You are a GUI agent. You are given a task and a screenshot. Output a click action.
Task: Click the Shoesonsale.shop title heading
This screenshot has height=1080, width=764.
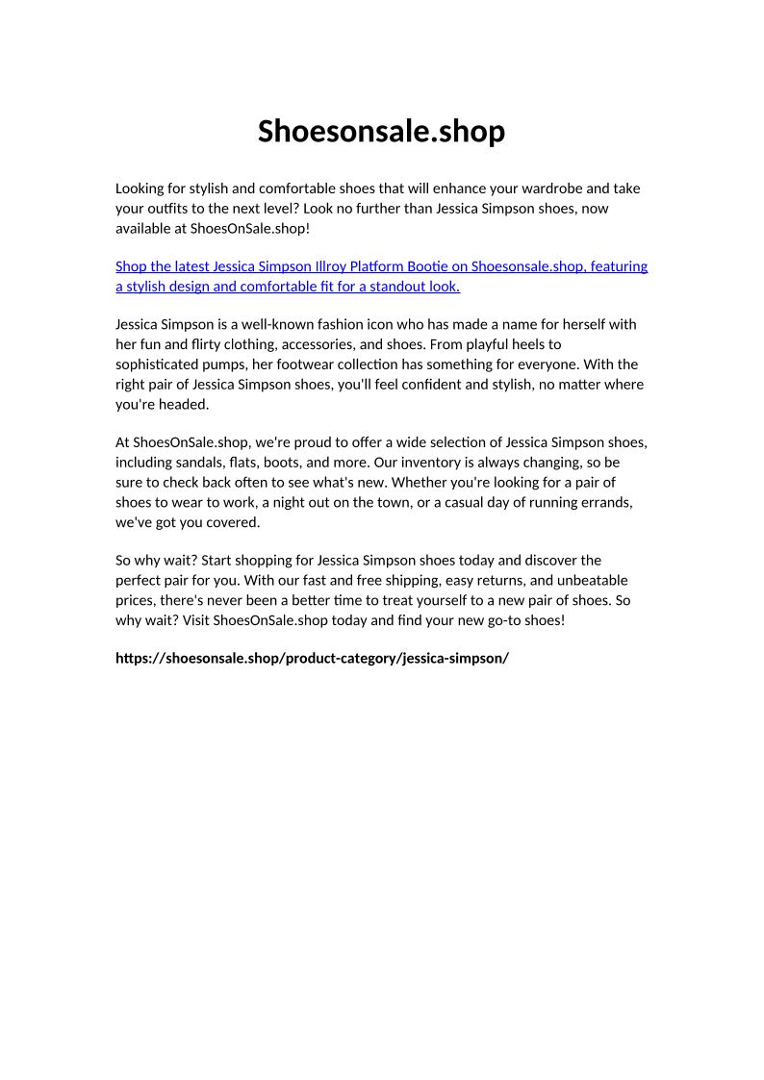(x=381, y=131)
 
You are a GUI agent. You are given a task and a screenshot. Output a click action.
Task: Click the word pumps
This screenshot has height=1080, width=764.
(x=249, y=364)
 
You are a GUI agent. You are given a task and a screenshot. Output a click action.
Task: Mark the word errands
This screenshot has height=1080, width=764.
(x=605, y=503)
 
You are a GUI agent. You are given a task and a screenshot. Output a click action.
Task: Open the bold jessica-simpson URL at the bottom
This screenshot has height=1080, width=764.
(x=312, y=659)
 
